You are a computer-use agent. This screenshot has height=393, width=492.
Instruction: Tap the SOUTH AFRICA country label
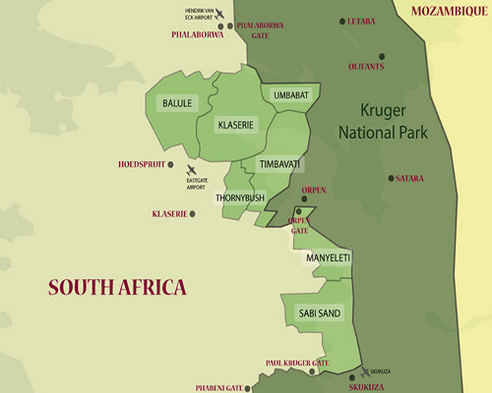(x=117, y=287)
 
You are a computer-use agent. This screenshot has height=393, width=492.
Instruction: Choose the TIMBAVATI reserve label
(x=279, y=163)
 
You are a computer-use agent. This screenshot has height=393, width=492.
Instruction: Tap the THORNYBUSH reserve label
(x=240, y=197)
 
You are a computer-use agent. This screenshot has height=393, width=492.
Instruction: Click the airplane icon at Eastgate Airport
(x=191, y=168)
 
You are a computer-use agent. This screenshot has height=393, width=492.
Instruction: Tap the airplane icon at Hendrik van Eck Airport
(x=219, y=14)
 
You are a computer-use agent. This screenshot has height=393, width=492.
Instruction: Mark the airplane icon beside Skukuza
(x=366, y=372)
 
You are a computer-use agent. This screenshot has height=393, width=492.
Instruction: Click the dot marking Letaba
(x=342, y=21)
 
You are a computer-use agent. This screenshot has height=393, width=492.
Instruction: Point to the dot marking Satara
(x=391, y=178)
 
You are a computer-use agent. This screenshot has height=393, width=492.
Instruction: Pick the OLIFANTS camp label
(x=366, y=67)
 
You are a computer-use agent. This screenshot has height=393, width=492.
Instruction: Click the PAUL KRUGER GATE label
(x=294, y=363)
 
